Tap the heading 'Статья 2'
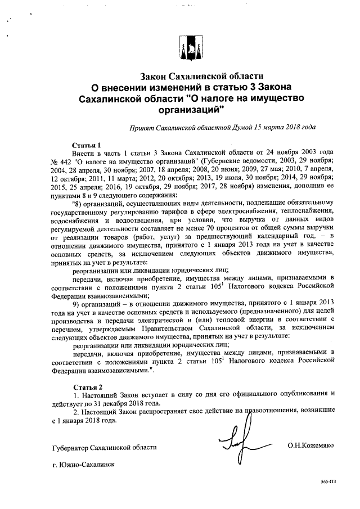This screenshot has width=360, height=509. coord(87,388)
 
